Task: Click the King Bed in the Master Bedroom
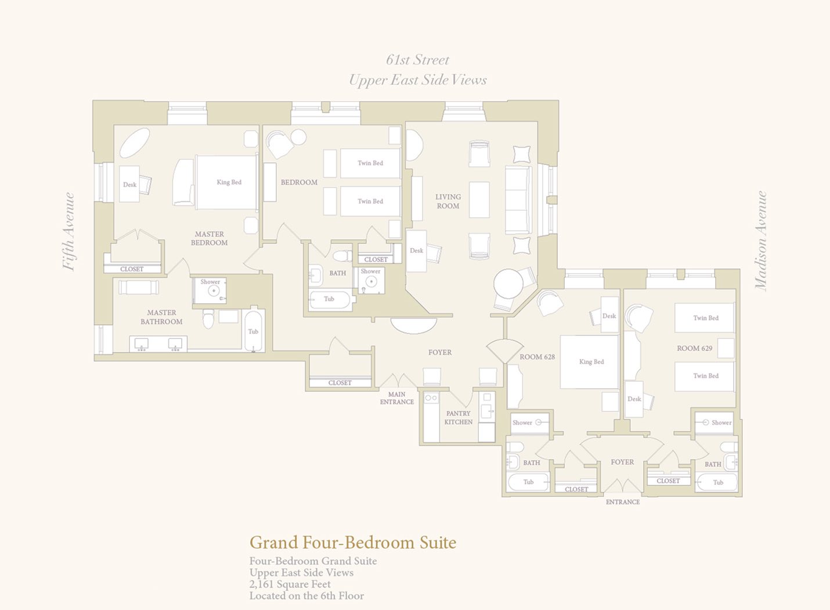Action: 226,182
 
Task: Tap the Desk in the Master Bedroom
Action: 129,184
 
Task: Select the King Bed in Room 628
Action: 589,361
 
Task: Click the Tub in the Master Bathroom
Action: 254,331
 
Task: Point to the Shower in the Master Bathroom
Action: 210,290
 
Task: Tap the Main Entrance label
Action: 397,398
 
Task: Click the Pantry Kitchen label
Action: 459,418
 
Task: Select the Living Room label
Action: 448,202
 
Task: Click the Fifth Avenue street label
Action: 69,232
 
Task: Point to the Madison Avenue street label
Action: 760,241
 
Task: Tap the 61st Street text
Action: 417,60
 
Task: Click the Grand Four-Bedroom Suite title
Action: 353,543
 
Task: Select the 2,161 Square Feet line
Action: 290,584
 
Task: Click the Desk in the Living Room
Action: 417,251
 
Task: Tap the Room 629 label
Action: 694,348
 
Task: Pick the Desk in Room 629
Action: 634,399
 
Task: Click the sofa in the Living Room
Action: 518,200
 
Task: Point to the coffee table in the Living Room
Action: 479,199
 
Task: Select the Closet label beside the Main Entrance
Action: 340,383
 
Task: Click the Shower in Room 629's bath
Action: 714,423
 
